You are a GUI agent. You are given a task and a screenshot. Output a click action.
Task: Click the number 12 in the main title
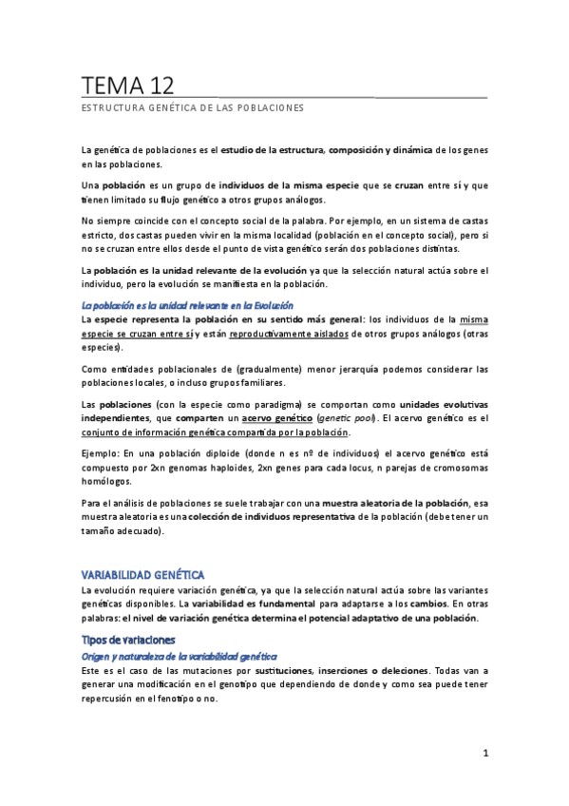coord(157,86)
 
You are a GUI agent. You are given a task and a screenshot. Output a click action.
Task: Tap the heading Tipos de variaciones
coord(128,640)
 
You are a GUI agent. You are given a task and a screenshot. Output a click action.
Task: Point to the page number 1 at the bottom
coord(484,754)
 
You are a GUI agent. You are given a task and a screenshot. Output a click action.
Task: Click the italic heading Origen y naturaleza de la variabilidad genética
coord(179,656)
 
